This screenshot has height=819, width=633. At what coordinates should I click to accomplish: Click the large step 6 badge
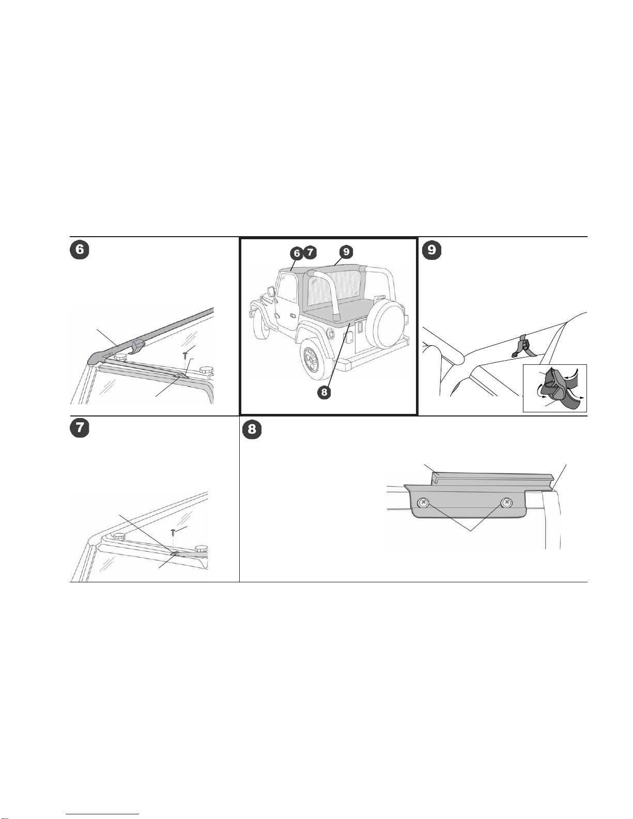80,250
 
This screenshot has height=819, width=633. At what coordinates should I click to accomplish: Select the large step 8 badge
252,430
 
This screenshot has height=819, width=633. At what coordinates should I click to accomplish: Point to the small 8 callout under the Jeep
324,392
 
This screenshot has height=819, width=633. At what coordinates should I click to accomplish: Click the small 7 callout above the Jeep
310,252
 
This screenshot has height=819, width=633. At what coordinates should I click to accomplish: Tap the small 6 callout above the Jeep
297,253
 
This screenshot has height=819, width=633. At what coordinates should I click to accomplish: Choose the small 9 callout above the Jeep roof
346,252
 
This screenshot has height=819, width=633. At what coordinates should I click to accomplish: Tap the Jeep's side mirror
270,292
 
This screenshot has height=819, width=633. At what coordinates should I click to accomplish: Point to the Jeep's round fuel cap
330,333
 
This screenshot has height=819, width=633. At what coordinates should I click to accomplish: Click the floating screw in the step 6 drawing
185,354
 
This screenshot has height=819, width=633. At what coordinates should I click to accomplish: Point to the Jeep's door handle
292,314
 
